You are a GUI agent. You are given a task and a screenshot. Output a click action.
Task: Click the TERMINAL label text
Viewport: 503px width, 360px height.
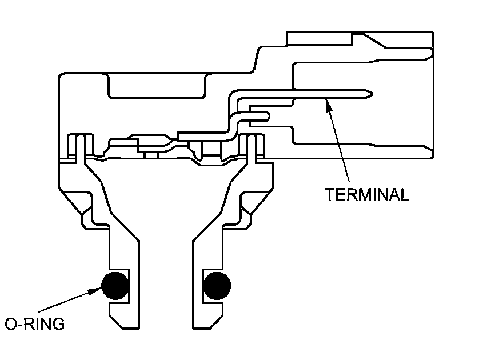pyautogui.click(x=367, y=194)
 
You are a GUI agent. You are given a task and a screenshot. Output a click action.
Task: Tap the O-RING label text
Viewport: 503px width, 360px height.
pyautogui.click(x=35, y=324)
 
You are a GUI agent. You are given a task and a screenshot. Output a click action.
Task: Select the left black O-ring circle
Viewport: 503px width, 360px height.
pyautogui.click(x=115, y=285)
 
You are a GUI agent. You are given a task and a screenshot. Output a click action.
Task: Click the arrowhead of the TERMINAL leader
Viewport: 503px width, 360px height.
pyautogui.click(x=328, y=103)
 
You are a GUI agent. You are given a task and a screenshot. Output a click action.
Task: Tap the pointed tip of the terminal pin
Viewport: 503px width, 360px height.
pyautogui.click(x=372, y=93)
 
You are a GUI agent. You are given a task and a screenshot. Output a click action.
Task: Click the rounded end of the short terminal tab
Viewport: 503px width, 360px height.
pyautogui.click(x=265, y=117)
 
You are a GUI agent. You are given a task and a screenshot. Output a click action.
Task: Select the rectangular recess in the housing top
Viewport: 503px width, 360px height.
pyautogui.click(x=157, y=86)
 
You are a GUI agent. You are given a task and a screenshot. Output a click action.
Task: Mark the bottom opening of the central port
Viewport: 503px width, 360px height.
pyautogui.click(x=166, y=327)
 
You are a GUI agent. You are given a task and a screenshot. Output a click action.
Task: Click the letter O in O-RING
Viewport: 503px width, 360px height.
pyautogui.click(x=11, y=324)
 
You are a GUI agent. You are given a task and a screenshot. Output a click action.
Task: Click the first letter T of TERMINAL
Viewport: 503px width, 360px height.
pyautogui.click(x=330, y=194)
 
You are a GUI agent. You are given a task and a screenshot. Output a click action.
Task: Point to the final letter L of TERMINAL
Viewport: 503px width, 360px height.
pyautogui.click(x=405, y=194)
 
